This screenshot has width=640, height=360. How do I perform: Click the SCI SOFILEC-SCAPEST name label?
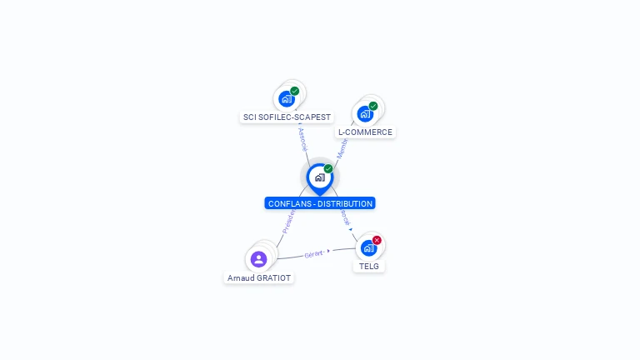pyautogui.click(x=287, y=117)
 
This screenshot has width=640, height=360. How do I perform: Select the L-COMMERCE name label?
pyautogui.click(x=365, y=132)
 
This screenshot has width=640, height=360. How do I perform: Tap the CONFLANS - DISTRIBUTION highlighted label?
pyautogui.click(x=320, y=203)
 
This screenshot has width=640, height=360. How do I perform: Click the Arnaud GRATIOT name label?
pyautogui.click(x=259, y=277)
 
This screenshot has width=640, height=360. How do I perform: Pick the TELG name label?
pyautogui.click(x=368, y=267)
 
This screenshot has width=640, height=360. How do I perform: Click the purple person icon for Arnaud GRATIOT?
pyautogui.click(x=258, y=259)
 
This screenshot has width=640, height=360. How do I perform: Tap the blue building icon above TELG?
pyautogui.click(x=367, y=248)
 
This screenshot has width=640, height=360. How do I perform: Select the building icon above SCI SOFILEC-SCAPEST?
pyautogui.click(x=287, y=98)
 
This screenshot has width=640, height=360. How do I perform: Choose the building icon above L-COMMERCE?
pyautogui.click(x=364, y=114)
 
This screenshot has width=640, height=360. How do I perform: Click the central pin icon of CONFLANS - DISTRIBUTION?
pyautogui.click(x=319, y=177)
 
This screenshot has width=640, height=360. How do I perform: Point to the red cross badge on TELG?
pyautogui.click(x=377, y=240)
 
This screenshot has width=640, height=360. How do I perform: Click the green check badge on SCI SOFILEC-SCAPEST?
pyautogui.click(x=295, y=91)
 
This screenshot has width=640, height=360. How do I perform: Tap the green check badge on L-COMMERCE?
pyautogui.click(x=373, y=106)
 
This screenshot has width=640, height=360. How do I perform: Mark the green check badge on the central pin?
pyautogui.click(x=328, y=168)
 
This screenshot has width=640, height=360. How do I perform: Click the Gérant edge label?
pyautogui.click(x=313, y=253)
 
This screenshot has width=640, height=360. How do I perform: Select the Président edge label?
pyautogui.click(x=288, y=221)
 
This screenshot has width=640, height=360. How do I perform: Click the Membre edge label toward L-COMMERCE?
pyautogui.click(x=342, y=149)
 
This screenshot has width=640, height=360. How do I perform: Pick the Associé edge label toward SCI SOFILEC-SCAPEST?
pyautogui.click(x=302, y=138)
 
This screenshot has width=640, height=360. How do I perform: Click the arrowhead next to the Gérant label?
pyautogui.click(x=329, y=251)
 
